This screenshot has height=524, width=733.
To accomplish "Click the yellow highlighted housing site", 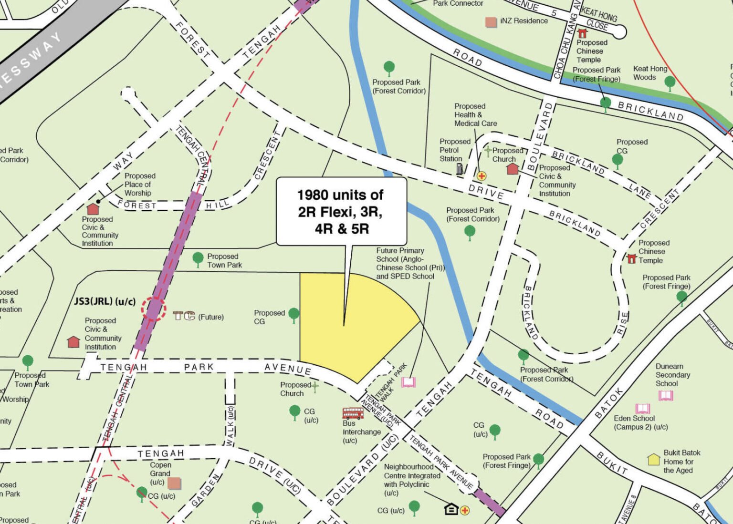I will [344, 324].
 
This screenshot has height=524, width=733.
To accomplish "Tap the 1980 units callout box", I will [342, 212].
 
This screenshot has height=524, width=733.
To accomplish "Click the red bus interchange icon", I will [353, 413].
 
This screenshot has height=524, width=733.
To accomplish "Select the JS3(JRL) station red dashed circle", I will [153, 309].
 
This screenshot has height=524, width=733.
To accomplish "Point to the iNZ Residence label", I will [524, 21].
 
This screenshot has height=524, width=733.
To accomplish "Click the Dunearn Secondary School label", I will [672, 375].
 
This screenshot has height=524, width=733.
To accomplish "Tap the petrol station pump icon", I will [460, 168].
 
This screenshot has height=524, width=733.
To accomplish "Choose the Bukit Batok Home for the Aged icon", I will [653, 460].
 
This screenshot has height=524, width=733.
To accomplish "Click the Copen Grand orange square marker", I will [174, 483].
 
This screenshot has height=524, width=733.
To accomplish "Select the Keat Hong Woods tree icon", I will [670, 82].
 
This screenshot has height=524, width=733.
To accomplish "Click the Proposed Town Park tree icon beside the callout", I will [198, 259].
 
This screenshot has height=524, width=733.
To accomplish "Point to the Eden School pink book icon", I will [642, 409].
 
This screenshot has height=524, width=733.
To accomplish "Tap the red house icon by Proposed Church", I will [512, 168].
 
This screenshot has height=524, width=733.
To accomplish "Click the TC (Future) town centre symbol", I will [184, 316].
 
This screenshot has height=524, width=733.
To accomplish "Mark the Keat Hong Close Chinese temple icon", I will [582, 33].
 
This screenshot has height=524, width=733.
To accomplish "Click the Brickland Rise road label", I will [623, 324].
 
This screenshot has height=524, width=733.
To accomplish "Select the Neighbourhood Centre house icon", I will [451, 509].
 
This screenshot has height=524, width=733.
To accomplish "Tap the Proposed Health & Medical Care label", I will [475, 115].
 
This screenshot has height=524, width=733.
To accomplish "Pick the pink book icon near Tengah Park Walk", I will [408, 382].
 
